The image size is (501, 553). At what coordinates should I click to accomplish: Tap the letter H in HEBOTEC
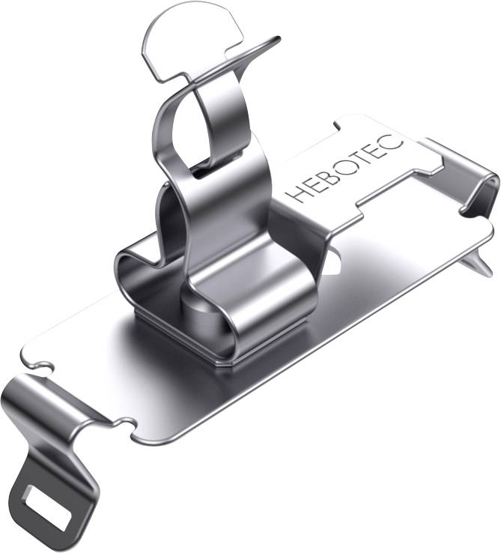point(298,193)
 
